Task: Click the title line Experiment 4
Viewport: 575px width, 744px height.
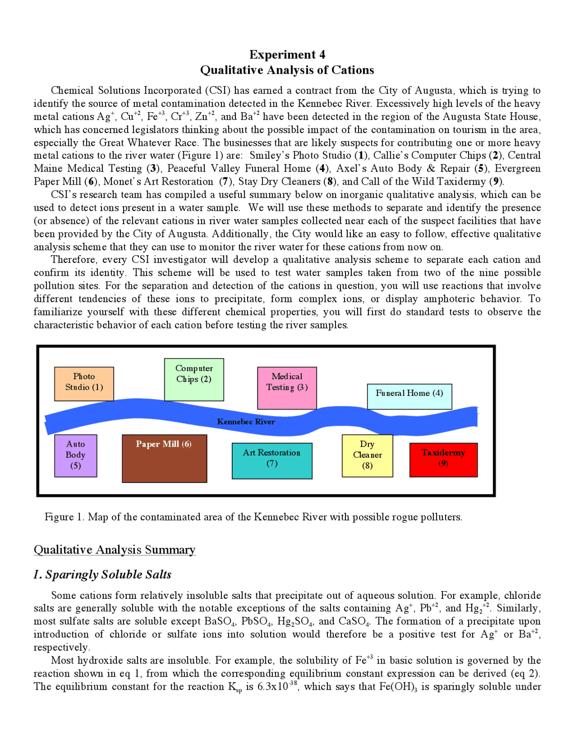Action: tap(287, 55)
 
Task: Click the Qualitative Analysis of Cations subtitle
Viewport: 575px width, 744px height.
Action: tap(287, 70)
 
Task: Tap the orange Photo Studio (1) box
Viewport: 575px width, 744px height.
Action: tap(84, 384)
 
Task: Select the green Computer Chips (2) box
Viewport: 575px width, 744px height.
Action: tap(194, 380)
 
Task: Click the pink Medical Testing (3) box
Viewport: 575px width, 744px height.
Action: tap(287, 388)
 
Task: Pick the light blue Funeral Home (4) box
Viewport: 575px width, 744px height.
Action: tap(409, 396)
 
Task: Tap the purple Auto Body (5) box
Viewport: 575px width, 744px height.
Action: tap(75, 456)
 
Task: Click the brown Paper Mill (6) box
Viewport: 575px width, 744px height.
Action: tap(164, 458)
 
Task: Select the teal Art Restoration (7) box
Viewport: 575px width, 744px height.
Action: tap(272, 461)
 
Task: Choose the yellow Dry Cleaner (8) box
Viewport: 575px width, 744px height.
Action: tap(367, 456)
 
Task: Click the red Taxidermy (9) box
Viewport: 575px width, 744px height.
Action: tap(443, 460)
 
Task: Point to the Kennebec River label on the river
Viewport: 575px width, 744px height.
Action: tap(246, 421)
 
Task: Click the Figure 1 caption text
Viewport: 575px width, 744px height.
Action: tap(253, 517)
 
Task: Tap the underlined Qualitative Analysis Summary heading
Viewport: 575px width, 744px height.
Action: tap(115, 550)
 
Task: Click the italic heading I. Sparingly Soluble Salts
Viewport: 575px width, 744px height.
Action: tap(102, 575)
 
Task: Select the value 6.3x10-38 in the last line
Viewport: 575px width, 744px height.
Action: tap(277, 686)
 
